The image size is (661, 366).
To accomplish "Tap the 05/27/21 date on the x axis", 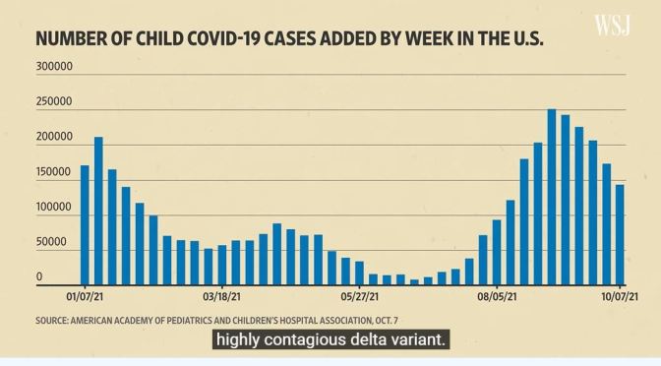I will [x=360, y=294].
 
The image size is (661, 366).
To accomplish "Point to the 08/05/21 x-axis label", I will [x=497, y=294].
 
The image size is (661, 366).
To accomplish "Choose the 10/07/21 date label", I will [x=621, y=294].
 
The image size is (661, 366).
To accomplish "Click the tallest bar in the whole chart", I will [x=552, y=196].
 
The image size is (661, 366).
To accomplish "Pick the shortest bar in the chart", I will [x=414, y=281].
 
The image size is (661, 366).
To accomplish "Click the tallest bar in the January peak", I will [x=98, y=210].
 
